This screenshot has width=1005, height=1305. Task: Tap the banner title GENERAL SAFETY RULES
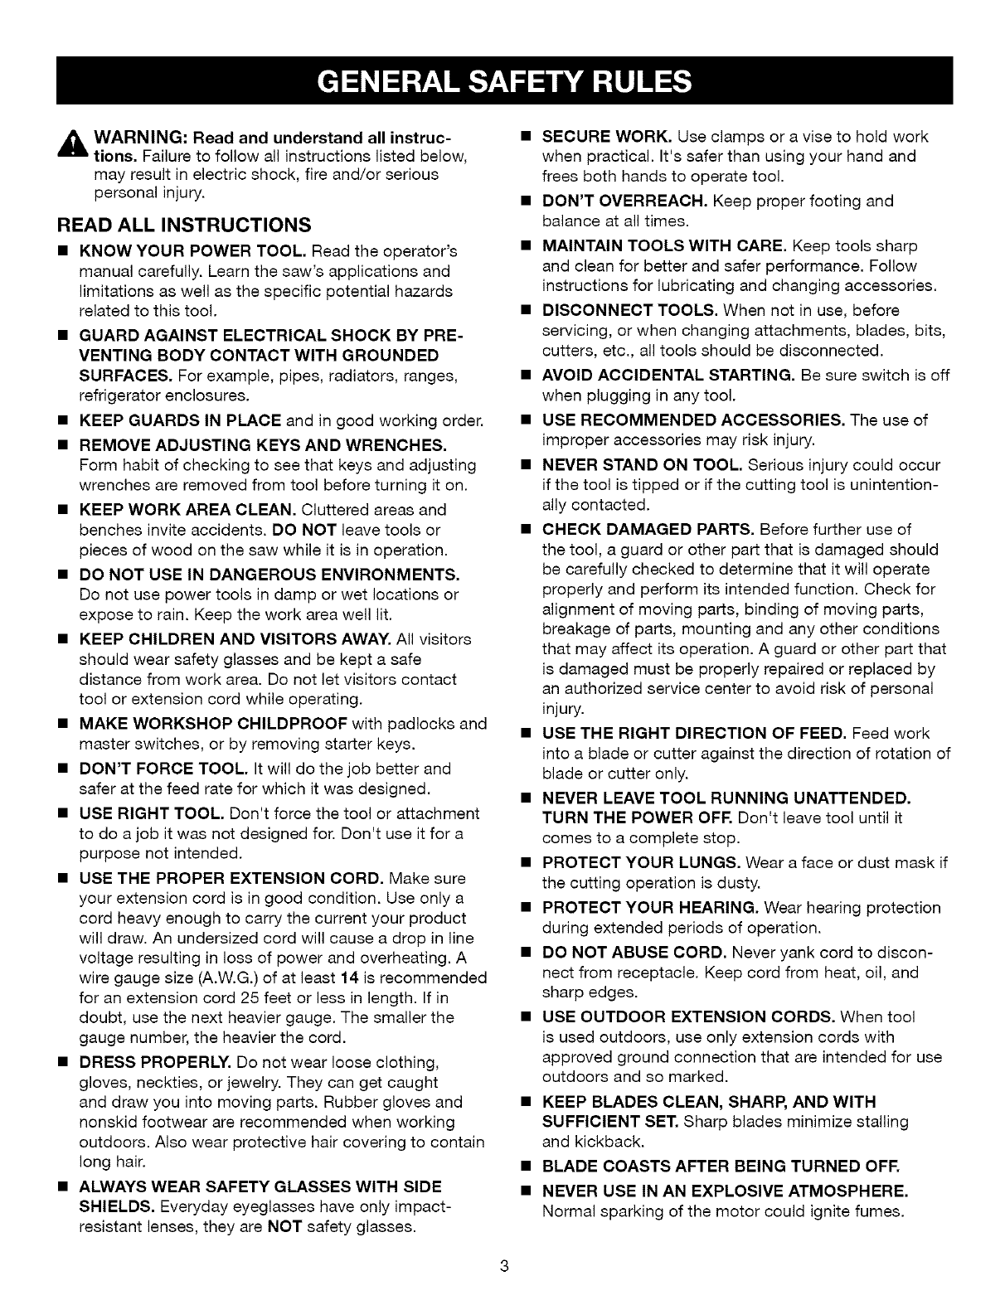(503, 80)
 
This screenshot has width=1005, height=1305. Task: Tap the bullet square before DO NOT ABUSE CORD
(525, 953)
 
